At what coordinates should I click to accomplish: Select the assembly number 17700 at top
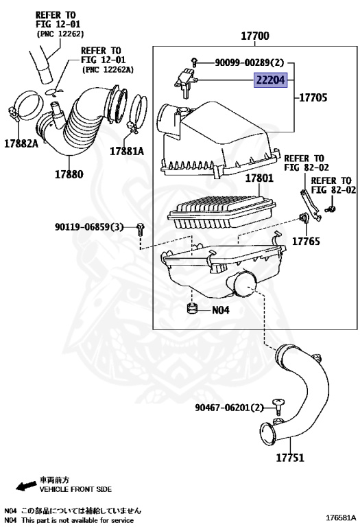tap(254, 36)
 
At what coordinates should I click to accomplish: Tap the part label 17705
tap(312, 97)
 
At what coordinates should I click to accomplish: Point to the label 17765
tap(307, 241)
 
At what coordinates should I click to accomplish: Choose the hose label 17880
tap(69, 174)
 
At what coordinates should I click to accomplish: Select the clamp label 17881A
tap(128, 151)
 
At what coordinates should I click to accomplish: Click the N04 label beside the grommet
tap(220, 309)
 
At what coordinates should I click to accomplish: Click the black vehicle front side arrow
tap(25, 487)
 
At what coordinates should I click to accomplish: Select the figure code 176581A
tap(340, 517)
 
